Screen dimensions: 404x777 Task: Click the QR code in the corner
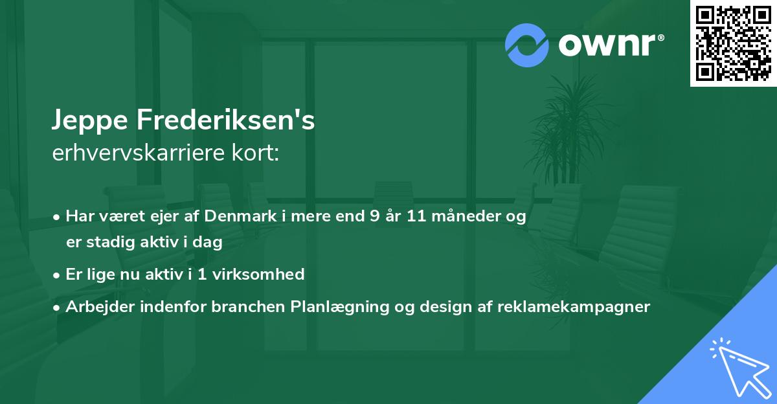point(734,43)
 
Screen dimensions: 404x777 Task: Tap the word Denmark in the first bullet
point(235,216)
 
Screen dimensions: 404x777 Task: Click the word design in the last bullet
point(444,306)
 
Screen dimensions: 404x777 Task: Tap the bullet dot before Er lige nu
point(58,275)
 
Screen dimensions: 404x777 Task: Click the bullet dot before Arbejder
point(58,307)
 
